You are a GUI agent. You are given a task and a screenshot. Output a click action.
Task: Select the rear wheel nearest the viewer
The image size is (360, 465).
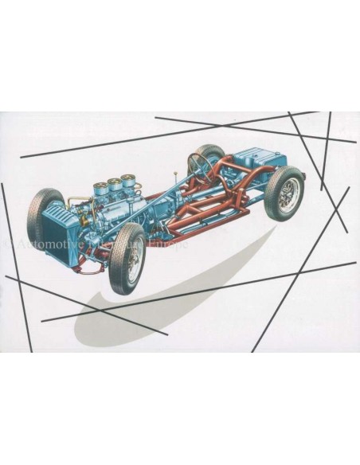(x=284, y=193)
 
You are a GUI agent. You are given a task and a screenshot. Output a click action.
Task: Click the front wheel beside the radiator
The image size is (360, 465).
(x=45, y=215)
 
